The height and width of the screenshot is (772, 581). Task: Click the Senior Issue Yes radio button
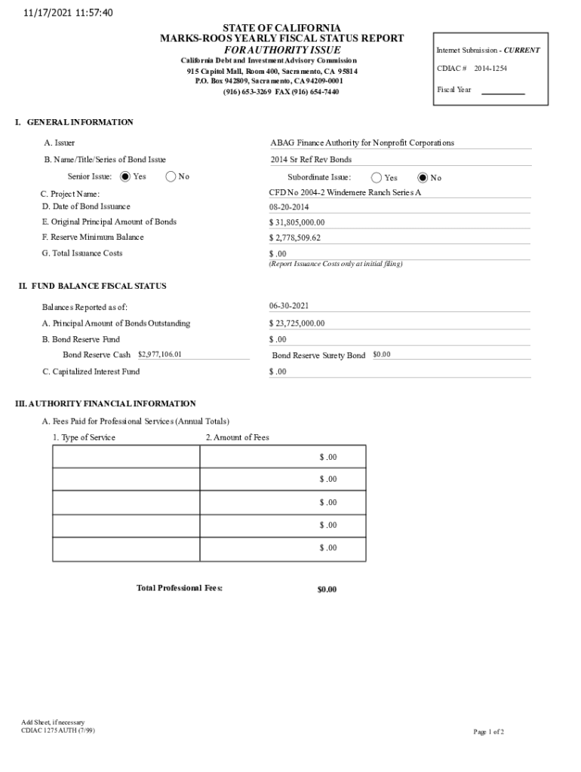(125, 176)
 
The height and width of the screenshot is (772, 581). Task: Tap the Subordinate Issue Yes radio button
(377, 178)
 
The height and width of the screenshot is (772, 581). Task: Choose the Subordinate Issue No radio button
(423, 178)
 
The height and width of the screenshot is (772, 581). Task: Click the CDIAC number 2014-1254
(491, 69)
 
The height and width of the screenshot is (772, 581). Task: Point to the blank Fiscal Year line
(503, 90)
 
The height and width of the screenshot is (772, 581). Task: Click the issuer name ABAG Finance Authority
(362, 142)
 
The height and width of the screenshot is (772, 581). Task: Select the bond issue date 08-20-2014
(290, 207)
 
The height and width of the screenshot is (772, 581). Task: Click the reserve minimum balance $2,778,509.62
(295, 237)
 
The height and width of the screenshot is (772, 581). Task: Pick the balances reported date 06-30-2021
(289, 306)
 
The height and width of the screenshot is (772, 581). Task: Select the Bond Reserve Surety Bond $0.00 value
(382, 354)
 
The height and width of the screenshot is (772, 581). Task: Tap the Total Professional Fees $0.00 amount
(327, 590)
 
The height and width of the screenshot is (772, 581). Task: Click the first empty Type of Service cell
(126, 457)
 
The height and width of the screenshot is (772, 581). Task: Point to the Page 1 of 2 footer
(488, 732)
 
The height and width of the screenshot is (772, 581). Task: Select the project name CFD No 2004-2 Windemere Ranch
(345, 193)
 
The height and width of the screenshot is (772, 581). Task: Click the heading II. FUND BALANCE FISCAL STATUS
(93, 286)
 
